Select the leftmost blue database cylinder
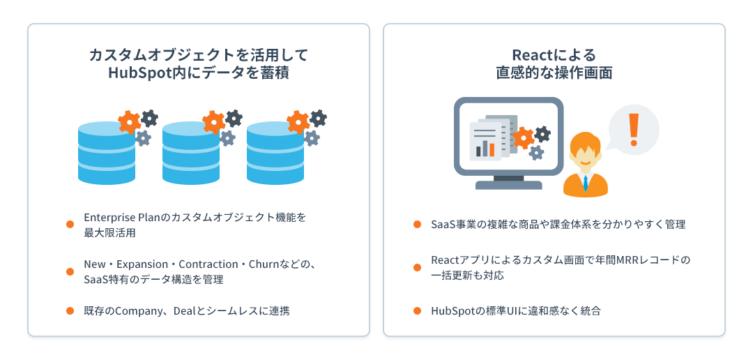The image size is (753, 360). (107, 153)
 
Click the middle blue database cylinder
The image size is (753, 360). (191, 153)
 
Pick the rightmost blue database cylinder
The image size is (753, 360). (275, 153)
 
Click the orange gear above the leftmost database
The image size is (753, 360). (129, 123)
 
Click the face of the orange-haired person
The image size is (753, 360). (585, 153)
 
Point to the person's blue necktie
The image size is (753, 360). (586, 182)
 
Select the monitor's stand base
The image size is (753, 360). (508, 186)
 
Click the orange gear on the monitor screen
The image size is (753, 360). (522, 137)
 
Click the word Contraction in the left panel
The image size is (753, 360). (208, 264)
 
